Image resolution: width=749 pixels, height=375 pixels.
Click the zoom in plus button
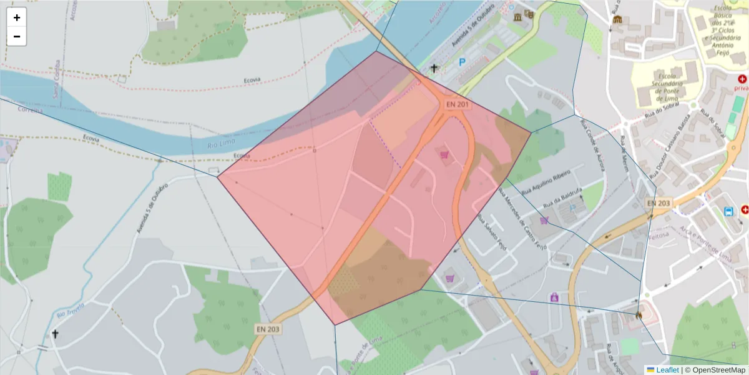(17, 17)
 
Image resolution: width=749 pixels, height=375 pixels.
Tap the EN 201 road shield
(458, 104)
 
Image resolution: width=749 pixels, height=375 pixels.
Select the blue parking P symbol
(462, 62)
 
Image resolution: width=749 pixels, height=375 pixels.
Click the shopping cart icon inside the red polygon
(445, 154)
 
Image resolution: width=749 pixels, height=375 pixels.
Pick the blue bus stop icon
(728, 212)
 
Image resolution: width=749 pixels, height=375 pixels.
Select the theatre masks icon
(530, 14)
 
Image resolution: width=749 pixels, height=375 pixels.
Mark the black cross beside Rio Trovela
(55, 334)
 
